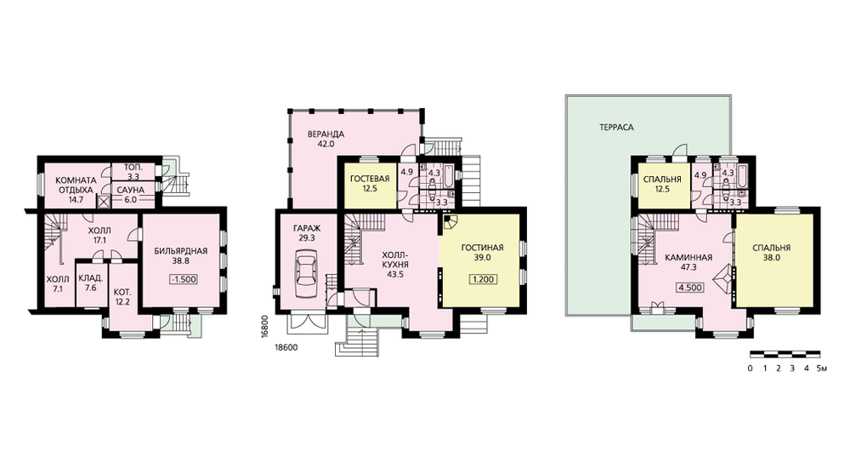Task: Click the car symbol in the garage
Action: [x=306, y=273]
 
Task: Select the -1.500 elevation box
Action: [x=183, y=279]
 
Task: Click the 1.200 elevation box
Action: [x=482, y=279]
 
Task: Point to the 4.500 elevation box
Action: [x=690, y=288]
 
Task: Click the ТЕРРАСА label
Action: [x=616, y=128]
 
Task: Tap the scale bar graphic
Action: [x=785, y=354]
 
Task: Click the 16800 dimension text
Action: [x=265, y=327]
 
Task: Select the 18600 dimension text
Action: [x=287, y=347]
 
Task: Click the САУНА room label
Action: [x=131, y=191]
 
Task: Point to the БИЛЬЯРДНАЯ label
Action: [x=181, y=251]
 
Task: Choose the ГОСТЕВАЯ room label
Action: [x=370, y=179]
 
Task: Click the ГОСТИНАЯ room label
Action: [x=482, y=248]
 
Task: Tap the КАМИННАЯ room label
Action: [x=688, y=258]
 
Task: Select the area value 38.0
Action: [x=771, y=258]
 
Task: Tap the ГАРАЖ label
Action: [x=306, y=229]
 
